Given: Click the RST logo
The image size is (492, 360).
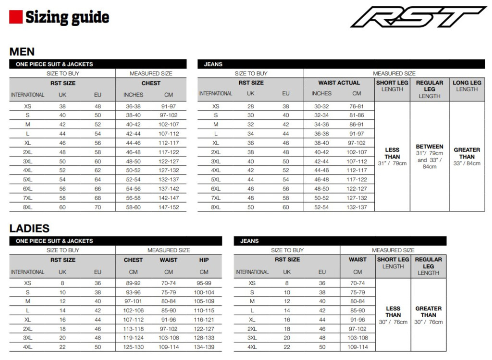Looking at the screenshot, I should [418, 17].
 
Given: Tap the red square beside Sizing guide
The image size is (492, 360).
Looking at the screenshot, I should [16, 17].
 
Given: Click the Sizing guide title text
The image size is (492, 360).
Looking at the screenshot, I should [67, 17].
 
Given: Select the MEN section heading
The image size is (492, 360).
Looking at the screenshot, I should [22, 52].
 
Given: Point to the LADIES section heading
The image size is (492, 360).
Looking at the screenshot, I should [30, 228].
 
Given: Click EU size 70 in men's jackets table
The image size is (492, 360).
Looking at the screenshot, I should [98, 207].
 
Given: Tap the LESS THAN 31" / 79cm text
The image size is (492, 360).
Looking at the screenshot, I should [392, 157].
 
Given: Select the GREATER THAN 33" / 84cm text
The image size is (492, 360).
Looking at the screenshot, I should [467, 157].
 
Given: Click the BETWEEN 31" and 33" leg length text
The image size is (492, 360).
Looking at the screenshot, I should [430, 157].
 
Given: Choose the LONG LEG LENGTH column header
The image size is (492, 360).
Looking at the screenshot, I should [467, 86].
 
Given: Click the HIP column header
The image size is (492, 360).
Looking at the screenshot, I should [204, 260].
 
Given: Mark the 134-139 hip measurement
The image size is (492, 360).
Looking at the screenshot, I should [204, 347].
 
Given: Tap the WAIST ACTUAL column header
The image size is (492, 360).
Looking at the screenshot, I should [339, 83].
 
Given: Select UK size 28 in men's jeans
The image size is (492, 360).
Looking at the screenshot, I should [251, 106].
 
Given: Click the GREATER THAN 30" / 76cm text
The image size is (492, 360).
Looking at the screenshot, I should [429, 315].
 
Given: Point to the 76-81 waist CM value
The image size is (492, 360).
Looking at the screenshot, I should [357, 106].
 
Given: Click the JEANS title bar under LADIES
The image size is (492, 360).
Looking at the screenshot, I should [340, 241].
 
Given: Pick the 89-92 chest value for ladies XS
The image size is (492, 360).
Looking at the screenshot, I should [134, 283].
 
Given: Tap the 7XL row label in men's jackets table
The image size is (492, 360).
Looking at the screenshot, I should [28, 198].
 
